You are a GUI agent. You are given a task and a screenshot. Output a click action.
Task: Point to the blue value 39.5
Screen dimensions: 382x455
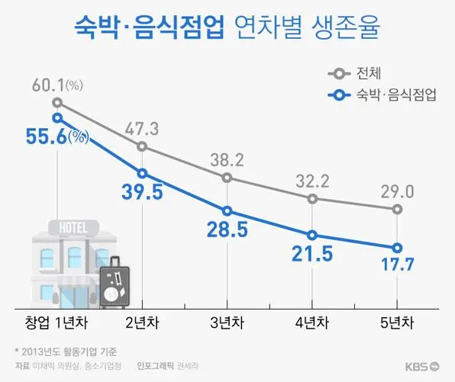click(142, 191)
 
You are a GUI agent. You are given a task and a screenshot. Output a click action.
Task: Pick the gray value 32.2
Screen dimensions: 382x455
click(312, 181)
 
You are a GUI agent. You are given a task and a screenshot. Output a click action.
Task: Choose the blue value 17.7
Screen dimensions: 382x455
click(398, 266)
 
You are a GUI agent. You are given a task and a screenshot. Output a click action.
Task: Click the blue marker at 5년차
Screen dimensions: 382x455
click(398, 248)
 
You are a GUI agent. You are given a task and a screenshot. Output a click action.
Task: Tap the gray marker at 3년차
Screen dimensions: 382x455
click(227, 178)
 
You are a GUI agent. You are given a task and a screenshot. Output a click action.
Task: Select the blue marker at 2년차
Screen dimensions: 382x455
click(142, 173)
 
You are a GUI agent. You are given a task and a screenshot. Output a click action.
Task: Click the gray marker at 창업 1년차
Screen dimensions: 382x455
click(57, 102)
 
